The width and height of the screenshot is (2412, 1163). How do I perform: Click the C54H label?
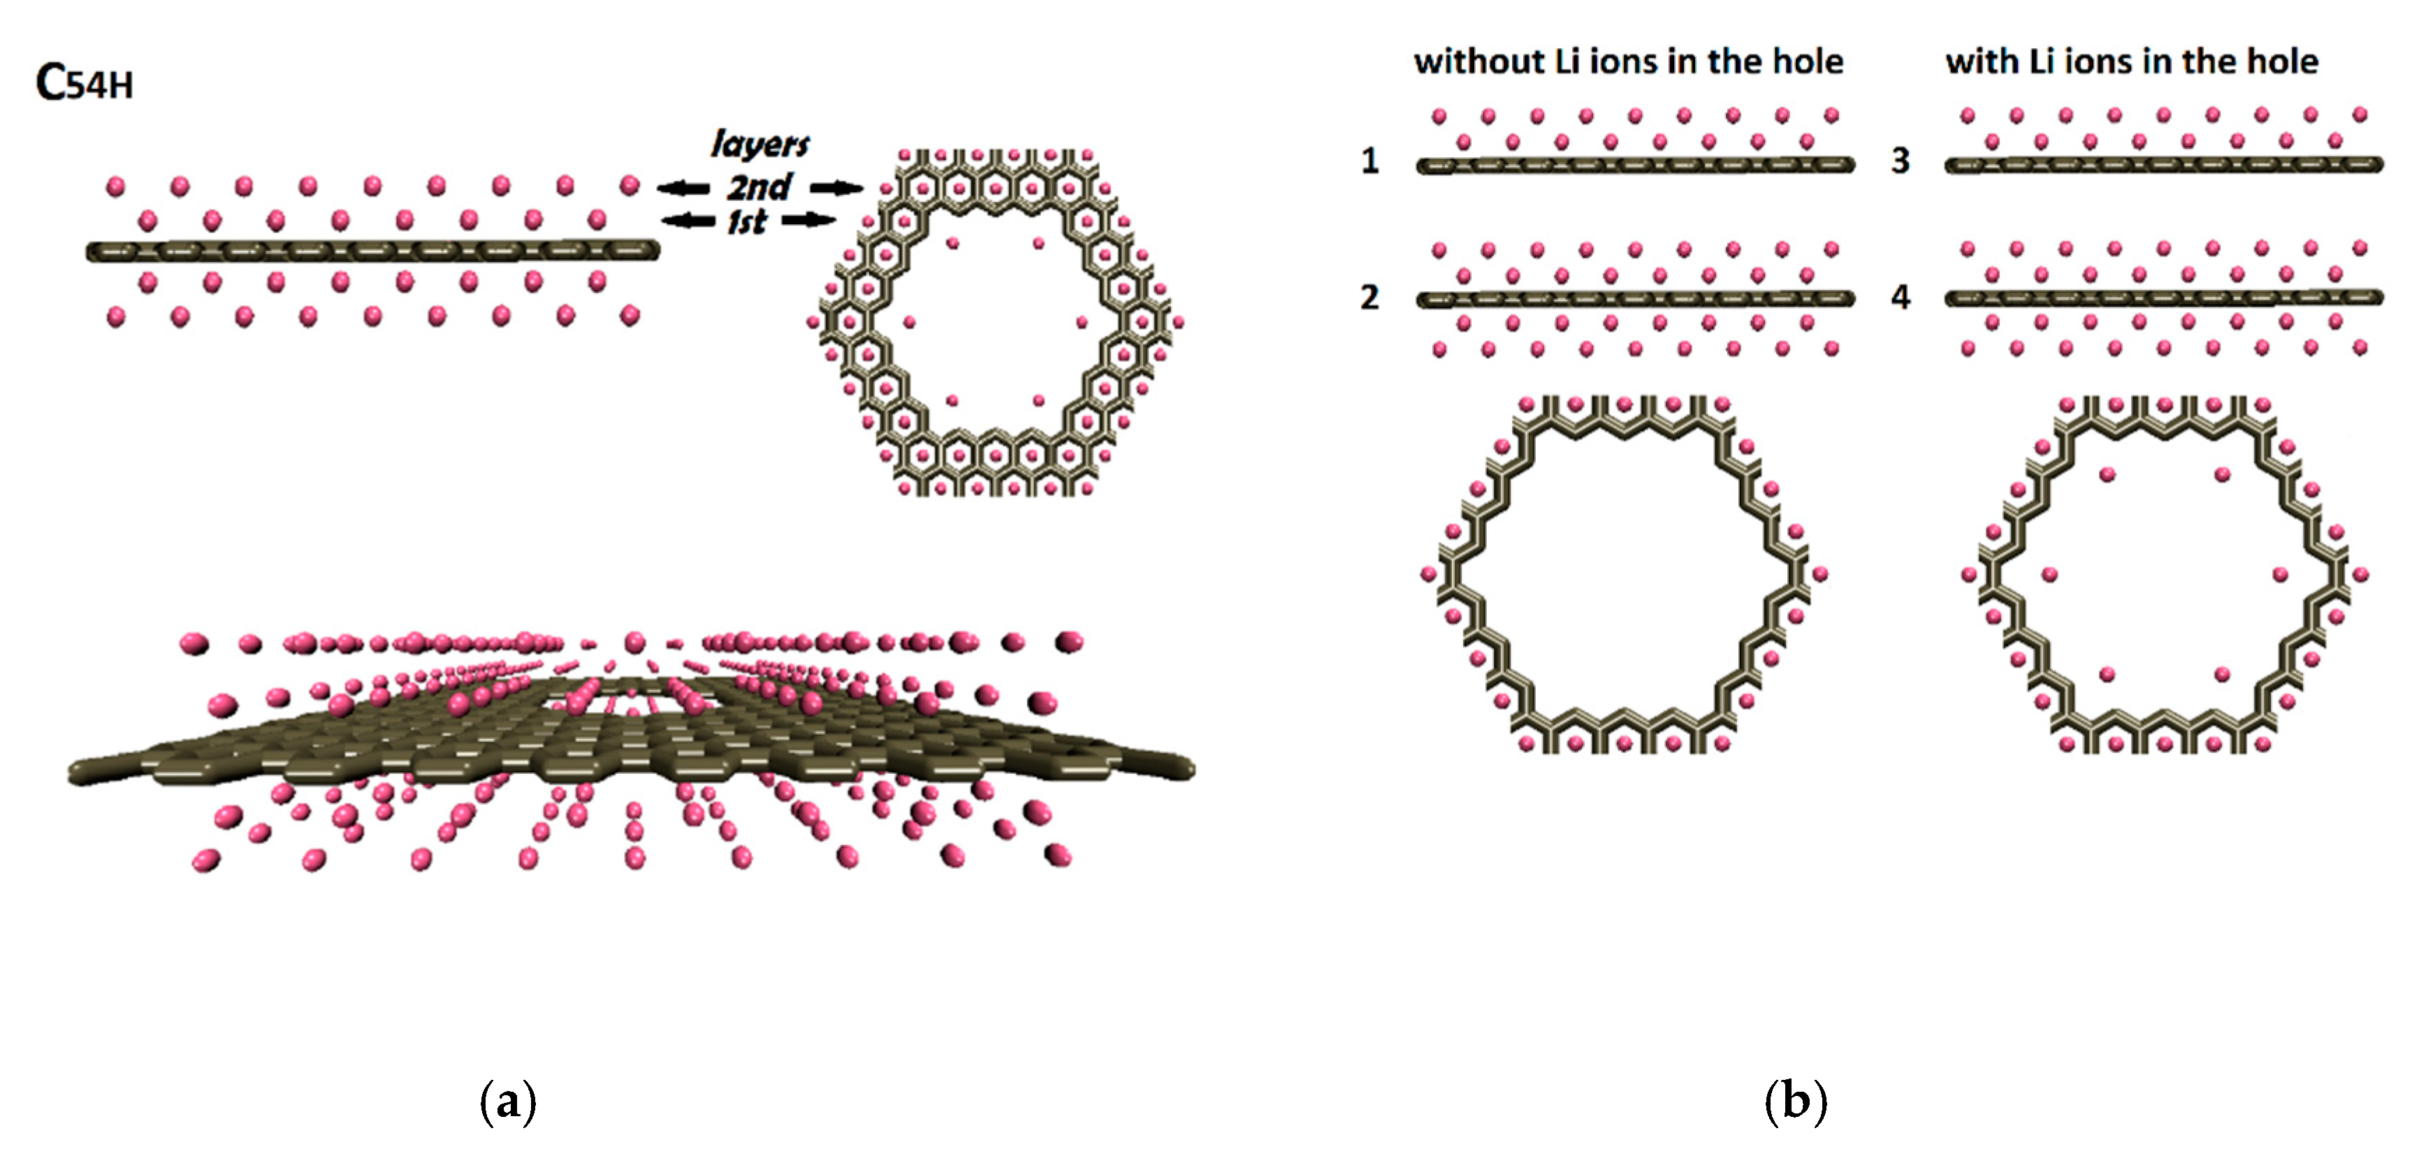pyautogui.click(x=85, y=83)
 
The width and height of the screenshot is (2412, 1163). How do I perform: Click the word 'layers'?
pyautogui.click(x=760, y=144)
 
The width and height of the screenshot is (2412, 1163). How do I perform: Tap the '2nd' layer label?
pyautogui.click(x=760, y=187)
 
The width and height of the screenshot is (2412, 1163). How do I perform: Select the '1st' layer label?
pyautogui.click(x=747, y=222)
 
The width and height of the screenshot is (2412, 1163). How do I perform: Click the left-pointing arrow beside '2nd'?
pyautogui.click(x=683, y=188)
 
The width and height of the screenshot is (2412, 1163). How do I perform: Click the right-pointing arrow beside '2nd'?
pyautogui.click(x=836, y=188)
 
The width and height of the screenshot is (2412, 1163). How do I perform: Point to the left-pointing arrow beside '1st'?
pyautogui.click(x=689, y=221)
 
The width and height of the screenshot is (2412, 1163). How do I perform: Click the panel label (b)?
pyautogui.click(x=1795, y=1102)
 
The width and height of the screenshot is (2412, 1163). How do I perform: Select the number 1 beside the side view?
pyautogui.click(x=1370, y=161)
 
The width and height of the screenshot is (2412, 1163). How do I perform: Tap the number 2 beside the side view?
pyautogui.click(x=1370, y=298)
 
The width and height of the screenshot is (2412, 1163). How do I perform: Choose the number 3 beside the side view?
pyautogui.click(x=1900, y=161)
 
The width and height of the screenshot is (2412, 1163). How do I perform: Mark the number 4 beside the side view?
pyautogui.click(x=1900, y=298)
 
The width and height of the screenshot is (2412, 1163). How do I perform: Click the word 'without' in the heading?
pyautogui.click(x=1479, y=61)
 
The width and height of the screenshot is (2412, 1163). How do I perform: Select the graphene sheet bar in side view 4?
pyautogui.click(x=2164, y=299)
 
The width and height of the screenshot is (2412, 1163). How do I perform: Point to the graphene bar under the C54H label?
pyautogui.click(x=372, y=251)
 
